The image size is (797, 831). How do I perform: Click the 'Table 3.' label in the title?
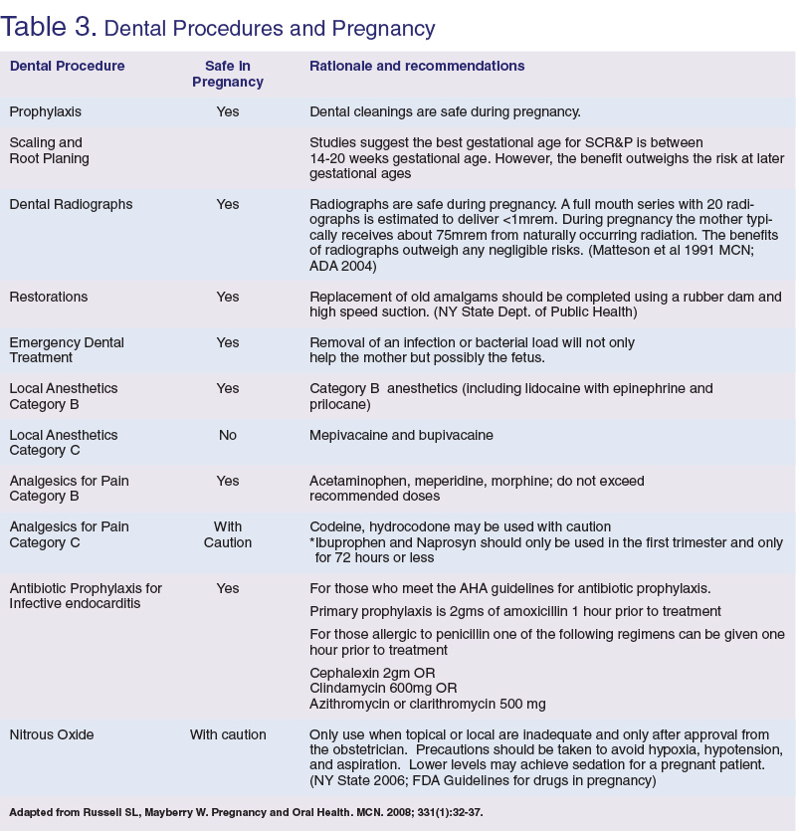point(49,26)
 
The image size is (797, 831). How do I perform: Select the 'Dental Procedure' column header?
point(67,67)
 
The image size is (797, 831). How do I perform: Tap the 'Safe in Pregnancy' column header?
point(228,75)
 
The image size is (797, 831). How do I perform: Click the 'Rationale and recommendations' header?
point(417,67)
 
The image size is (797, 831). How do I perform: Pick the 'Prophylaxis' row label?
point(45,111)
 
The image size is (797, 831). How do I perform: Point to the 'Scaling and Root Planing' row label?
point(49,150)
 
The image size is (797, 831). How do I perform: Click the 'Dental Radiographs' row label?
point(71,204)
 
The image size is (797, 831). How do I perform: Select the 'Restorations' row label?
point(49,297)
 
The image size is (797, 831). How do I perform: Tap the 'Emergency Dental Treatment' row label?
point(67,350)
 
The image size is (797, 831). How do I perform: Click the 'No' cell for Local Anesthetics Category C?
point(228,435)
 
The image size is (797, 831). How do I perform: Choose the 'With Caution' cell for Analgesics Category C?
point(228,534)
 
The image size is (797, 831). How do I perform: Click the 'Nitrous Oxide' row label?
point(52,734)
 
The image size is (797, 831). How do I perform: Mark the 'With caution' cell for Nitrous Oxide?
point(228,734)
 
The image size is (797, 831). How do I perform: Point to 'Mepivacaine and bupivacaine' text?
point(401,435)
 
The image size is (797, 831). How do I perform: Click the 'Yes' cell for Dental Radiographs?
point(228,204)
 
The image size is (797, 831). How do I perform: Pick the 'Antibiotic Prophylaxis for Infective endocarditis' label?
point(86,595)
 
